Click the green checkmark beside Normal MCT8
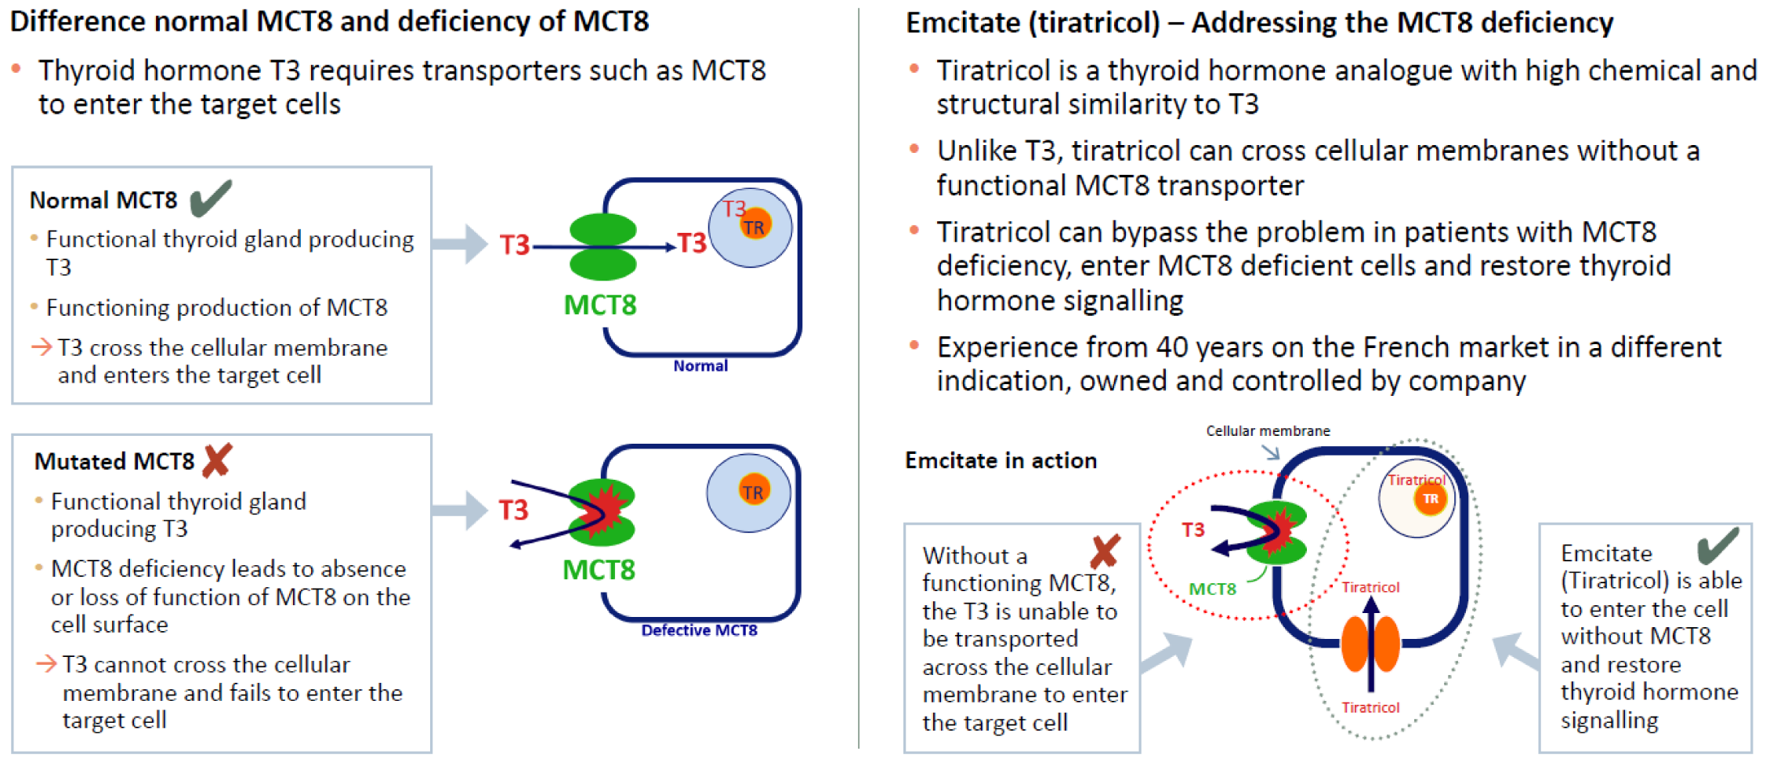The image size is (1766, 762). (210, 198)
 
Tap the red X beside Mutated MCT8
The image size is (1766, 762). (217, 461)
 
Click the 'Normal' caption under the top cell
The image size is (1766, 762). (700, 366)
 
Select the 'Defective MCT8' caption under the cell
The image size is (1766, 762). (699, 630)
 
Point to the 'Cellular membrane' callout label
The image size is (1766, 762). (1268, 431)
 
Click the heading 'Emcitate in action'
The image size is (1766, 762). (1001, 460)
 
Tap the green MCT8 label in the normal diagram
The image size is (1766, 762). (600, 305)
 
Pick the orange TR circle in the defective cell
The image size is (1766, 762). (753, 492)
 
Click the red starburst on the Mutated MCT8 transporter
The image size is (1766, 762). (605, 510)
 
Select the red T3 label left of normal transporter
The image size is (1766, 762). (515, 245)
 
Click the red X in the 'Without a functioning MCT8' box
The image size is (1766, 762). (1105, 552)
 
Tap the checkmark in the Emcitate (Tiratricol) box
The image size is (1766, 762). (1717, 546)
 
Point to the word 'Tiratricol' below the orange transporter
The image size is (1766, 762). (1370, 708)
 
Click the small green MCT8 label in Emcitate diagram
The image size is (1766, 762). (1212, 590)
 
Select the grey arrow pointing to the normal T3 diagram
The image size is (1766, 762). (461, 244)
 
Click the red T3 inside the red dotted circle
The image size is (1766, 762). (1192, 531)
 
